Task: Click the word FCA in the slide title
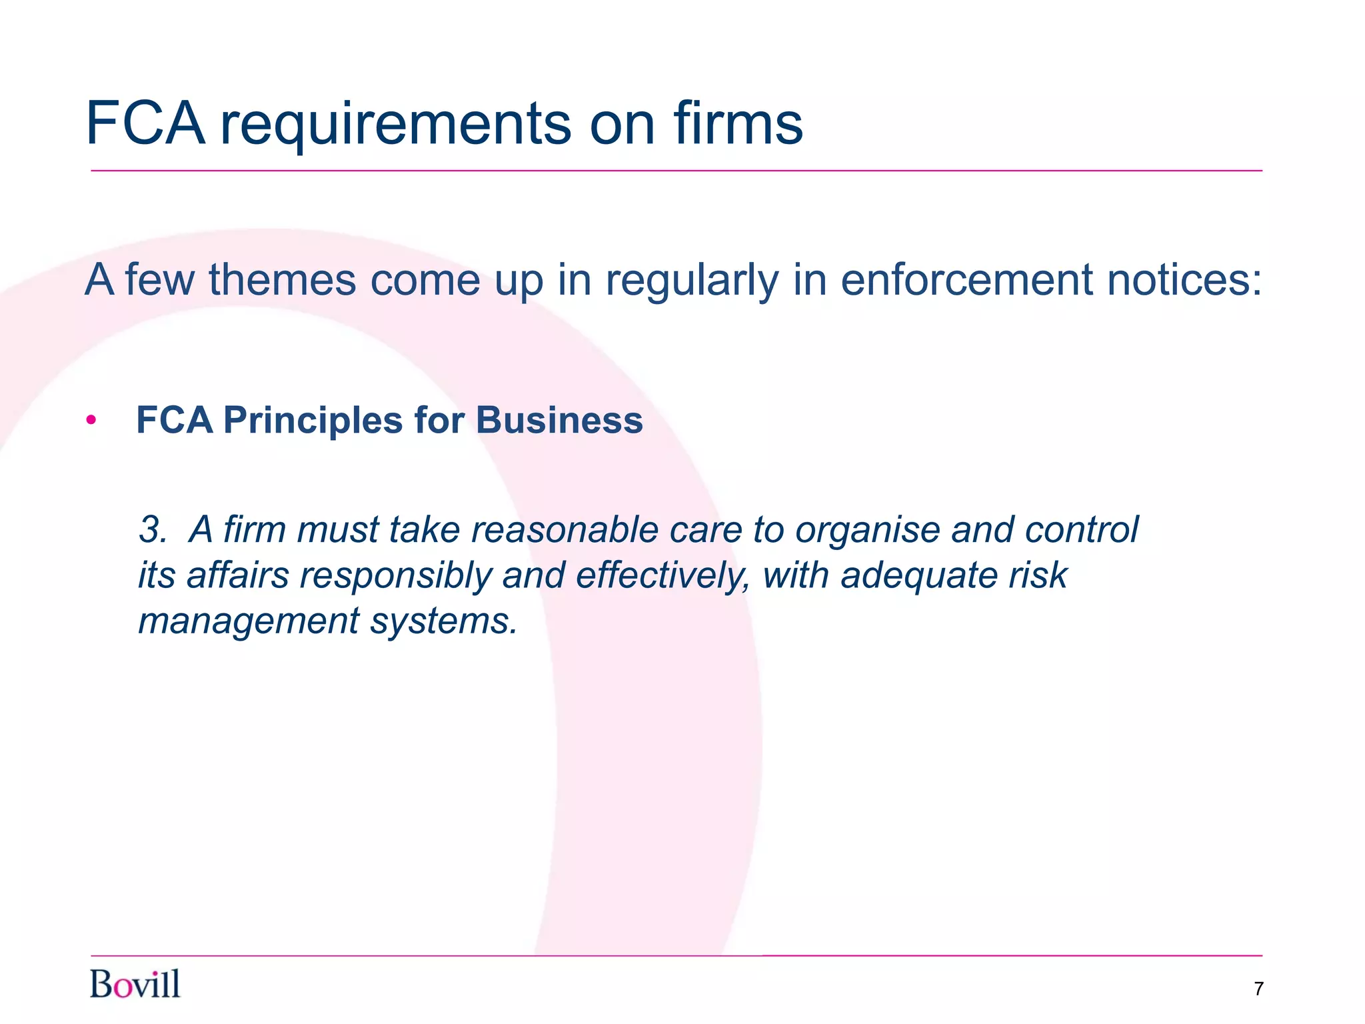click(145, 123)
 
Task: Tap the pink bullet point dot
click(91, 421)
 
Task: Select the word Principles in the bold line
click(313, 421)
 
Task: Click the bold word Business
click(559, 421)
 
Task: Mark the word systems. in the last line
click(444, 622)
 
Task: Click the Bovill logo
click(135, 985)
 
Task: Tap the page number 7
click(1258, 989)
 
